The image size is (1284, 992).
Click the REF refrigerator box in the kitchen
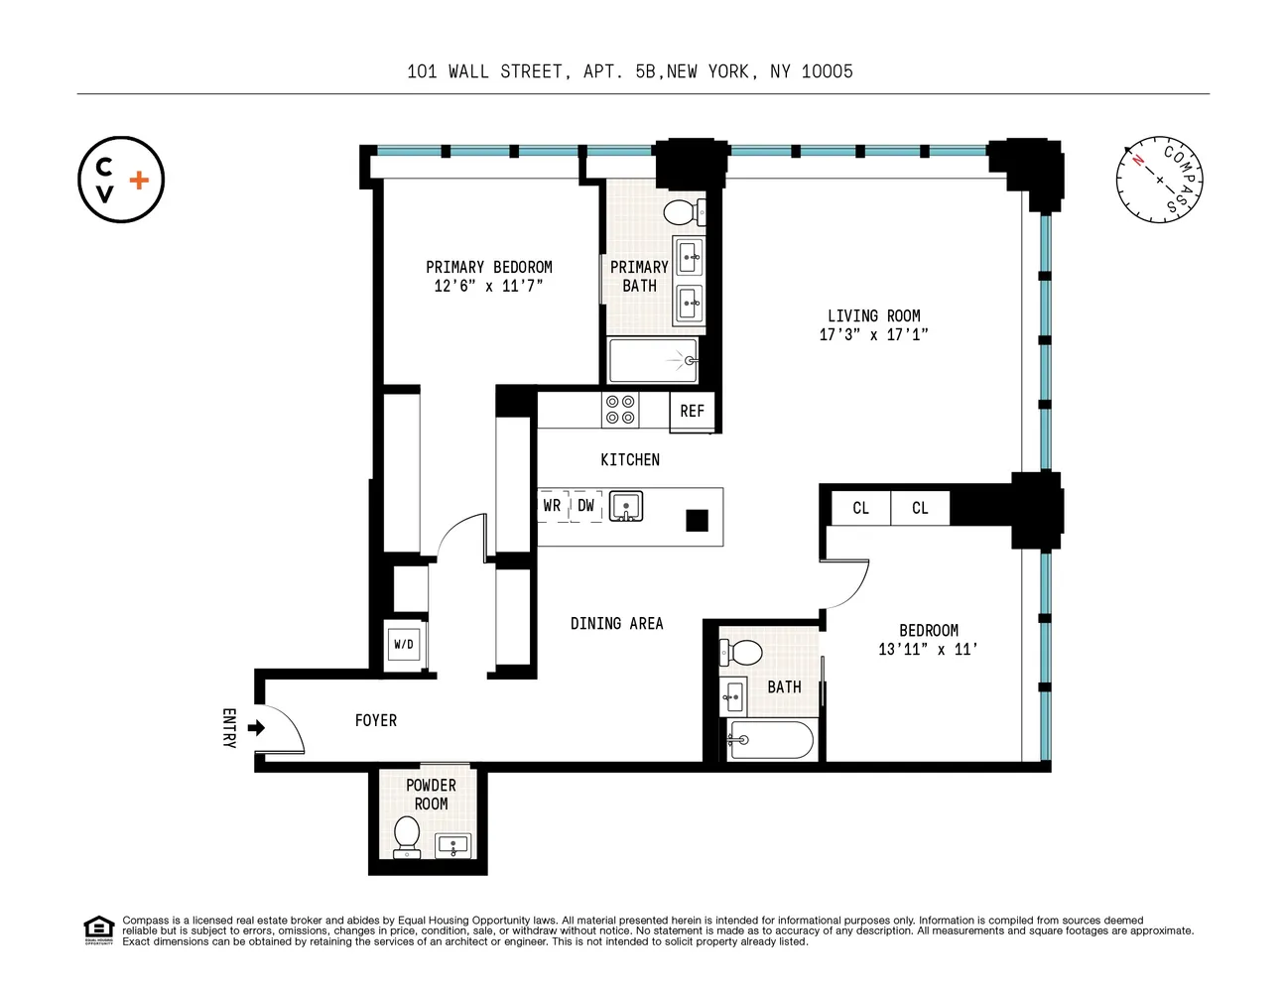pyautogui.click(x=692, y=411)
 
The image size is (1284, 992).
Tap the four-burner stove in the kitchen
pyautogui.click(x=620, y=410)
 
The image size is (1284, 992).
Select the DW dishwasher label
pyautogui.click(x=585, y=506)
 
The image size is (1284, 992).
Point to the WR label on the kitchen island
pyautogui.click(x=552, y=506)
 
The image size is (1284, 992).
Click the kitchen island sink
pyautogui.click(x=626, y=506)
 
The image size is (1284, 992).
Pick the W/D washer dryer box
pyautogui.click(x=404, y=644)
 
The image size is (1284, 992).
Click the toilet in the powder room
pyautogui.click(x=407, y=837)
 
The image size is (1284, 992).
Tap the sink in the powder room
pyautogui.click(x=453, y=845)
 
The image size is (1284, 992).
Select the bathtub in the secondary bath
pyautogui.click(x=770, y=739)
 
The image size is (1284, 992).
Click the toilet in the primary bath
pyautogui.click(x=685, y=212)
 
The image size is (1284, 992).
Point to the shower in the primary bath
pyautogui.click(x=653, y=360)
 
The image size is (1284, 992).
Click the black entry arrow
pyautogui.click(x=256, y=728)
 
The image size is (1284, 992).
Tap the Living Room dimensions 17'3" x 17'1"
pyautogui.click(x=873, y=335)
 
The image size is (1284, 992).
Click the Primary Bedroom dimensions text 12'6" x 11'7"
pyautogui.click(x=488, y=287)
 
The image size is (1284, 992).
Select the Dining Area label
pyautogui.click(x=617, y=624)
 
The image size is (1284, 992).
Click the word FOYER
pyautogui.click(x=376, y=720)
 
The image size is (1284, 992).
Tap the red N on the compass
pyautogui.click(x=1137, y=160)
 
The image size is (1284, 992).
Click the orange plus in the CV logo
pyautogui.click(x=139, y=181)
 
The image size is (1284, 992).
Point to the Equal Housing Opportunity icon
pyautogui.click(x=98, y=930)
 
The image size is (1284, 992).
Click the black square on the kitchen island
pyautogui.click(x=698, y=521)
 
